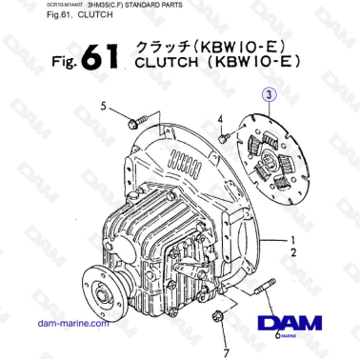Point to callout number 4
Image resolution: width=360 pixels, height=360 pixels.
[219, 121]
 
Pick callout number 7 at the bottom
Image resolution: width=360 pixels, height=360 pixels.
[226, 340]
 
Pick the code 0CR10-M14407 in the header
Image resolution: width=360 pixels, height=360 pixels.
[28, 9]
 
